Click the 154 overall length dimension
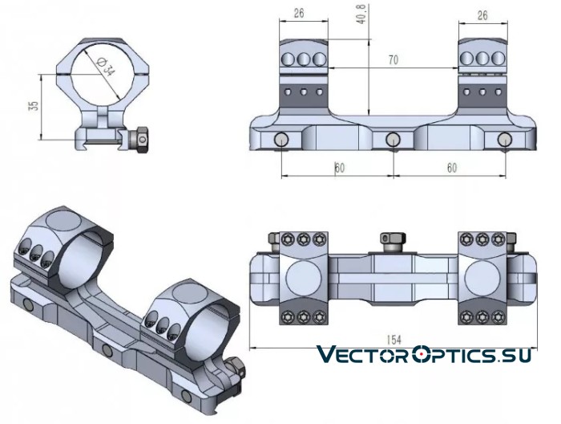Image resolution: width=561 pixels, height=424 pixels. coord(393,338)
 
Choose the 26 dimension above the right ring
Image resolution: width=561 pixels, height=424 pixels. coord(482,14)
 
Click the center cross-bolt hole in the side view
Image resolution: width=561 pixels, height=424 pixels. coord(392,140)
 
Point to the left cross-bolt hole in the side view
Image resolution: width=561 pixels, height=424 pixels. coord(281,140)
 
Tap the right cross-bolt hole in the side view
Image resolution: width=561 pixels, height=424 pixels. coord(503,140)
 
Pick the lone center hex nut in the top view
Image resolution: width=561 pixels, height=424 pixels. coord(392,238)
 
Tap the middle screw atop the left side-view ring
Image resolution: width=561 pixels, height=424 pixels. coord(304,59)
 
